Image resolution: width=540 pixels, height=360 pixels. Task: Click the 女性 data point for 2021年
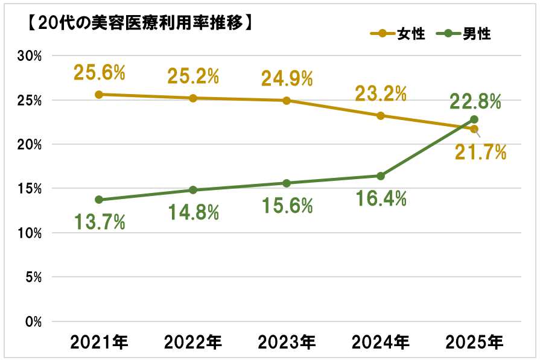click(99, 94)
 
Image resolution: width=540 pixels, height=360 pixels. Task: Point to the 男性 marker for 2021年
click(99, 200)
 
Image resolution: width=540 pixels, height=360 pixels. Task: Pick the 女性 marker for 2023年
click(287, 100)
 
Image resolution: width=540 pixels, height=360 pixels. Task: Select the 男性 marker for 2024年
click(381, 176)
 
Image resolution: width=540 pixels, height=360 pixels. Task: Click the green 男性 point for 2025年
click(474, 119)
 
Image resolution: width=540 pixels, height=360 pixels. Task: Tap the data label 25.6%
click(99, 73)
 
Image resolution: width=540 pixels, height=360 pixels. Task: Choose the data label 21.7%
click(480, 153)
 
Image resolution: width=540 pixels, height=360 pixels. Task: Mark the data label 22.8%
click(475, 101)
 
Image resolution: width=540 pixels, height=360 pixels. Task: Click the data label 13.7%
click(99, 222)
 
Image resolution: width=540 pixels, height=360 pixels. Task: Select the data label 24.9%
click(287, 78)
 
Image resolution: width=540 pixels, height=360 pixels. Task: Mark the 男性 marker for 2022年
click(193, 190)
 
